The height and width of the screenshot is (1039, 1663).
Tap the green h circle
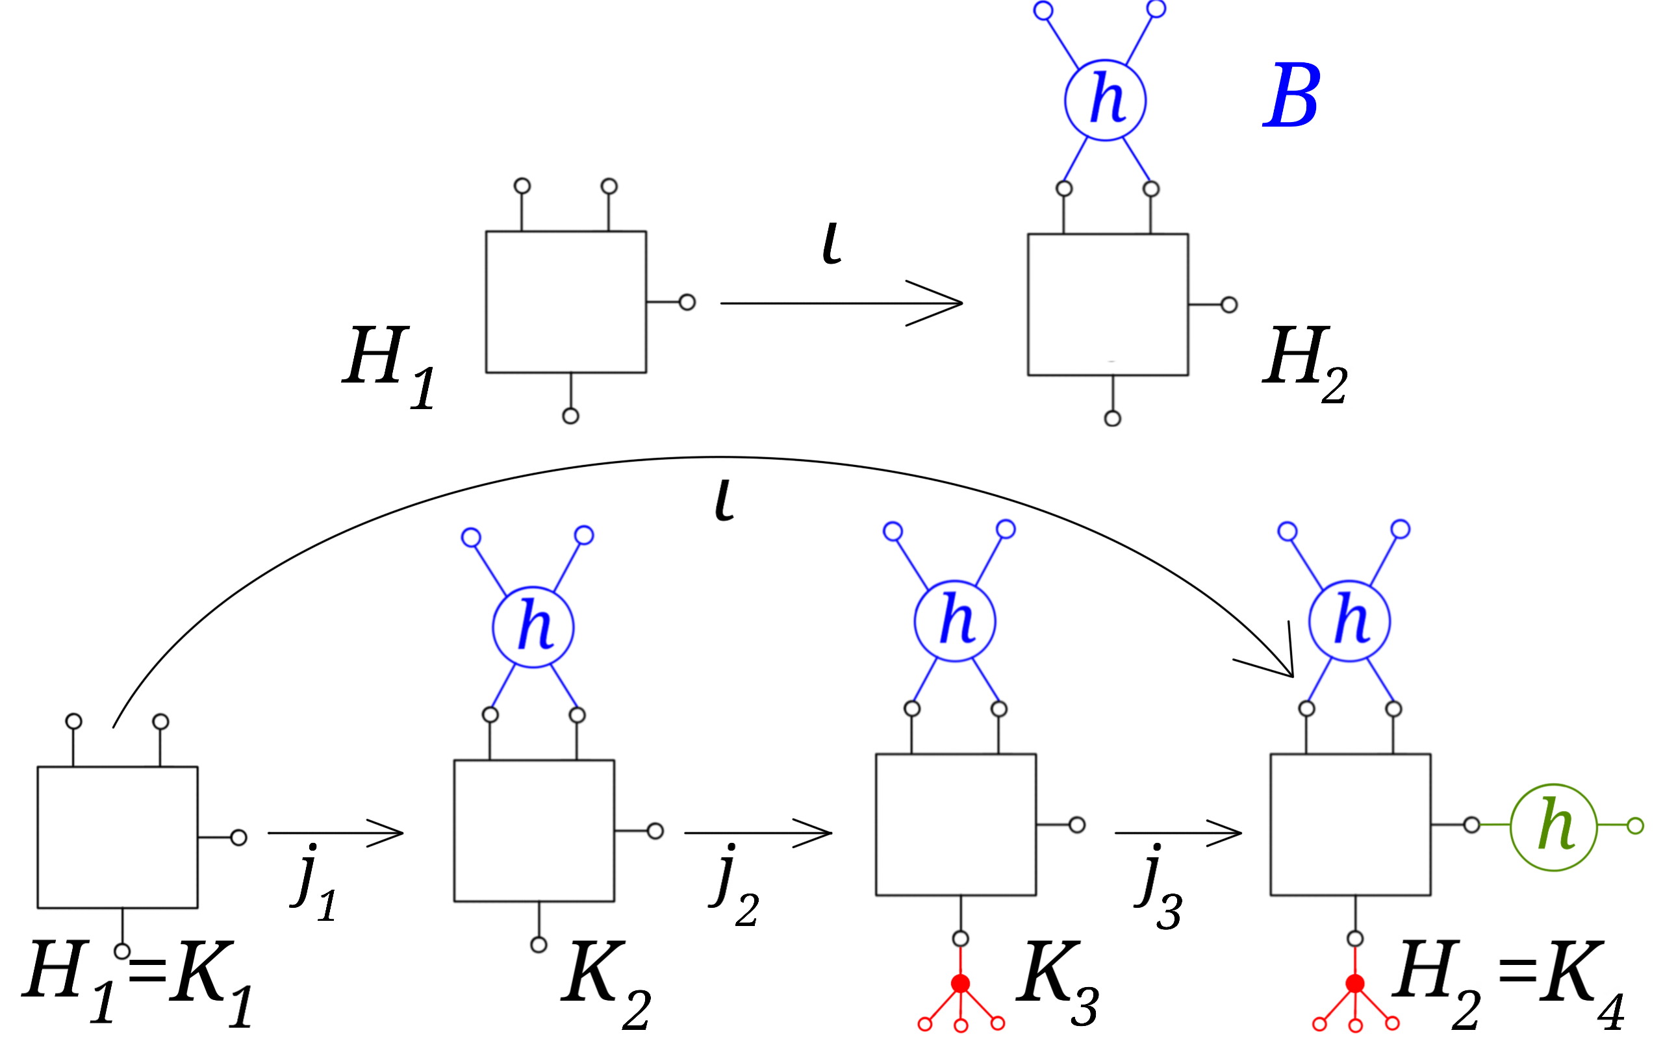(x=1554, y=827)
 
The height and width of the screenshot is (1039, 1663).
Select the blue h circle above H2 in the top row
(x=1105, y=100)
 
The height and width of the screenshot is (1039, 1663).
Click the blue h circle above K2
(x=533, y=627)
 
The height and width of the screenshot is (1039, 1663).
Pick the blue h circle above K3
(x=954, y=621)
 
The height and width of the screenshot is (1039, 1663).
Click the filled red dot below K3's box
(x=960, y=983)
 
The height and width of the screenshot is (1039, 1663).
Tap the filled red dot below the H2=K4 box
(x=1354, y=983)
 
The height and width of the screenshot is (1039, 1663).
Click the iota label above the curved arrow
(x=724, y=500)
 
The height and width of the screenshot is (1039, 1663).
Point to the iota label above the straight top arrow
(x=831, y=244)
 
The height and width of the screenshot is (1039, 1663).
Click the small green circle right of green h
(x=1636, y=826)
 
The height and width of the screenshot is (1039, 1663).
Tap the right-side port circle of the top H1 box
(x=687, y=303)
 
